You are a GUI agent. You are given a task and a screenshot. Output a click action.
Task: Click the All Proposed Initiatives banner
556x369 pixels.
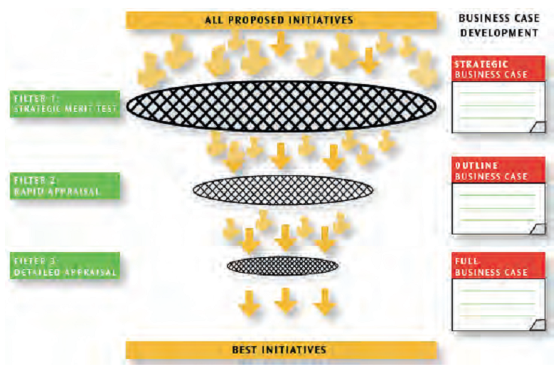(x=280, y=20)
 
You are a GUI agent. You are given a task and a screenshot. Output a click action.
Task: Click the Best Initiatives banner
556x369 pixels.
(x=280, y=350)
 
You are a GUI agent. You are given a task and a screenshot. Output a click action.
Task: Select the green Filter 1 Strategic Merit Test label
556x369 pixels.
(x=66, y=104)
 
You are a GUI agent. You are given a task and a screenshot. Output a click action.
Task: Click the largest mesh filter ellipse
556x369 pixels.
(x=282, y=106)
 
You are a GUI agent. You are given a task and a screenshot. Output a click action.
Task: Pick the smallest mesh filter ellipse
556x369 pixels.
(x=283, y=266)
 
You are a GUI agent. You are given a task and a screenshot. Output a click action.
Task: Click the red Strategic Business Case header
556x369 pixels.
(x=498, y=68)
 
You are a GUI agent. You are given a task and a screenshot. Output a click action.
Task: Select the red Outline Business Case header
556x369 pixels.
(x=498, y=170)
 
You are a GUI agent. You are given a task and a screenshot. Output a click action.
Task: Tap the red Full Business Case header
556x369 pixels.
(x=498, y=266)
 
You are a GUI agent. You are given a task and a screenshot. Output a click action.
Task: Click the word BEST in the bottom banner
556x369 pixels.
(x=245, y=350)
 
